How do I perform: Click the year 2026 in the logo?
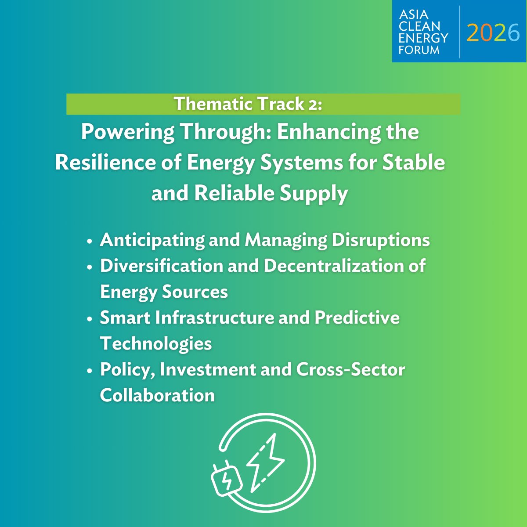coord(493,32)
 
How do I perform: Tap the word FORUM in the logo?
coord(419,50)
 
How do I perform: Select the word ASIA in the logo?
coord(414,14)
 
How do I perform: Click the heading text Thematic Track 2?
coord(248,104)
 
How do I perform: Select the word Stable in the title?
coord(414,163)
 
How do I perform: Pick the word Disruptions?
coord(381,240)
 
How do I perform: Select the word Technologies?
coord(156,343)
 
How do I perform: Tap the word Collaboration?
coord(157,395)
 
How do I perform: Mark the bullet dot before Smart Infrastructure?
coord(90,319)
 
